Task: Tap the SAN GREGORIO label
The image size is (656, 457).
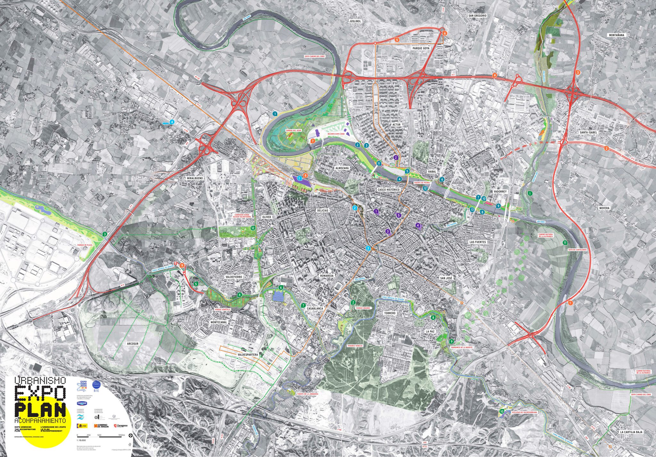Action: click(x=477, y=15)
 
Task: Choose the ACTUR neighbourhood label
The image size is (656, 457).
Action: click(x=396, y=125)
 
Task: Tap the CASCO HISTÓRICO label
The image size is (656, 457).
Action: click(x=388, y=190)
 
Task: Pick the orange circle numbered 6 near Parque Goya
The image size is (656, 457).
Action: click(x=445, y=33)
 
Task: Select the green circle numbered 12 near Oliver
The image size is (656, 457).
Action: click(x=253, y=228)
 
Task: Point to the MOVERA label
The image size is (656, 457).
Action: click(x=604, y=208)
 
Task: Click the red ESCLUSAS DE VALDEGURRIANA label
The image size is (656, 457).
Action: click(x=523, y=412)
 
